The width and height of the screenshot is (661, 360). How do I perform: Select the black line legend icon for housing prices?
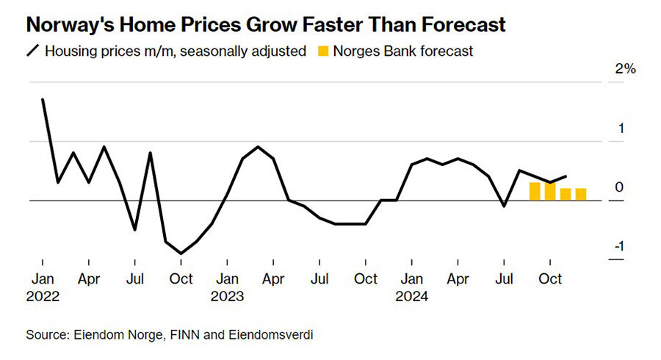(32, 51)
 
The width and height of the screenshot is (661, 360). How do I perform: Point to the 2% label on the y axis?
(625, 70)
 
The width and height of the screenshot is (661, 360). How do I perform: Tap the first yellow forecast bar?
(535, 191)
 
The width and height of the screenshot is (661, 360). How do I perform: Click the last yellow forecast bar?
(581, 194)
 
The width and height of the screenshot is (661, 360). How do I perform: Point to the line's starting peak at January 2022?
(43, 100)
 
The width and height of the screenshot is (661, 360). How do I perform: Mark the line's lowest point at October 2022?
(181, 253)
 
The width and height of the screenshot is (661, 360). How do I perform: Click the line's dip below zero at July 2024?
(504, 206)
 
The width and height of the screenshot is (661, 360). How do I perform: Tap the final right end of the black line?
(566, 176)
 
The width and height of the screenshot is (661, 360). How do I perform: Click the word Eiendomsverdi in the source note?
(274, 335)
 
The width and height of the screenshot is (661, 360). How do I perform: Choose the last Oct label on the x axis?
(550, 279)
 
